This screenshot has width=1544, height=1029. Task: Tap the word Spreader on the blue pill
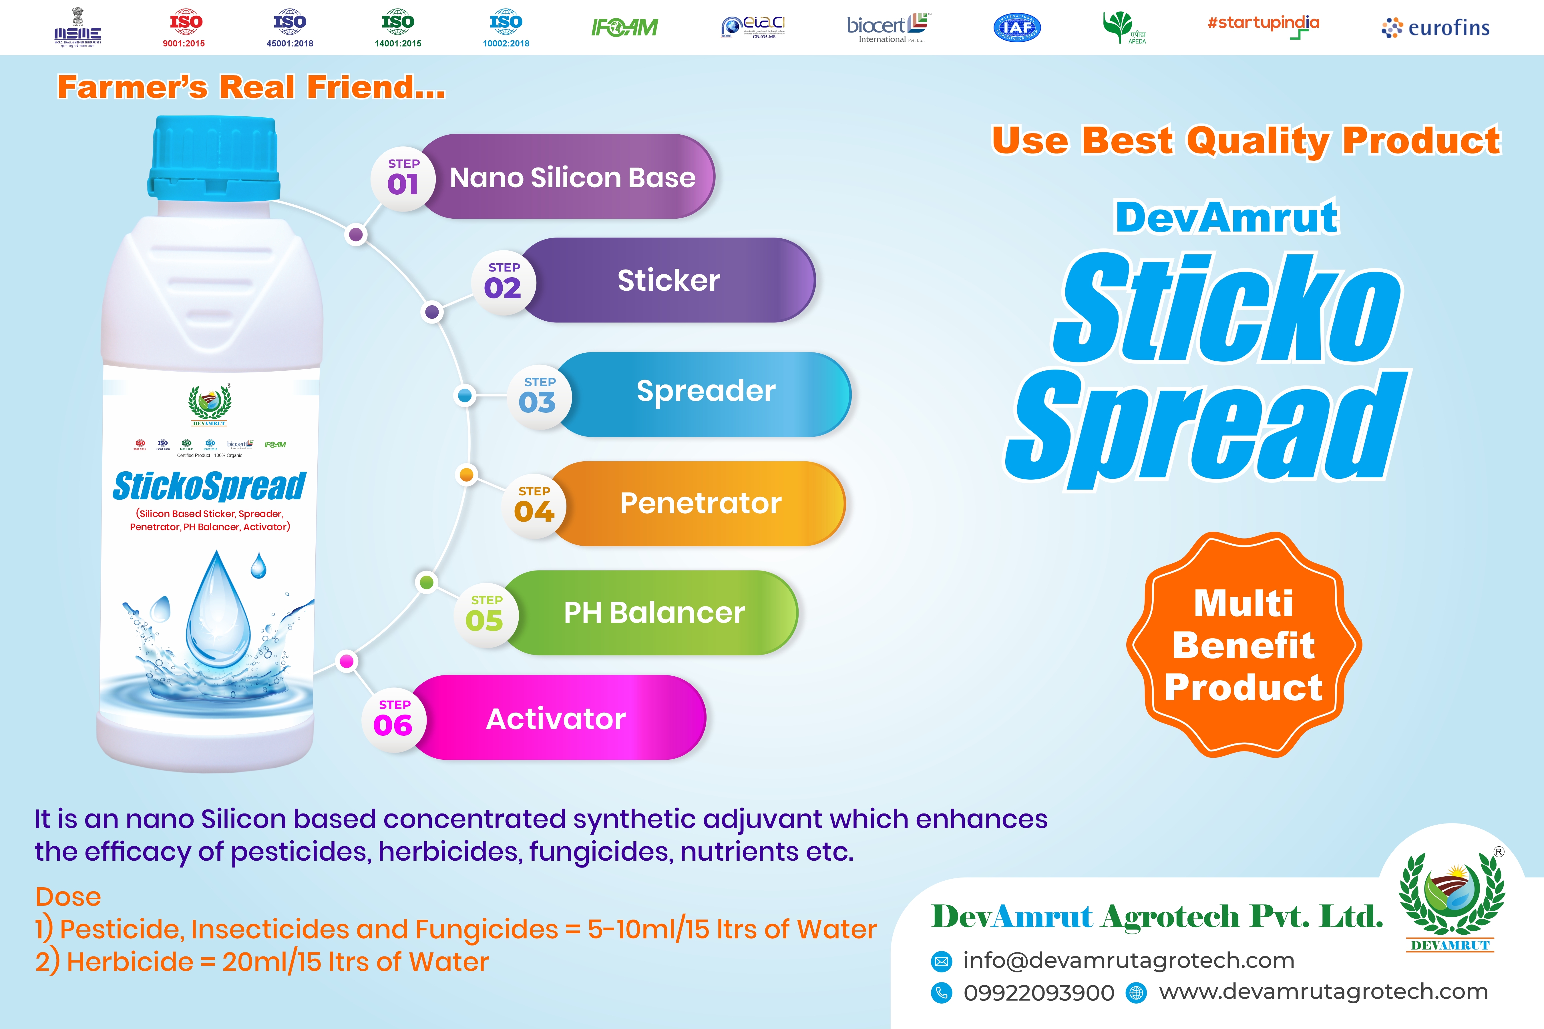pyautogui.click(x=706, y=391)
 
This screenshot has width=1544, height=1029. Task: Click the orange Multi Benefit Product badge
pyautogui.click(x=1243, y=645)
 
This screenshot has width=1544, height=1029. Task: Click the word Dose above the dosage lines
pyautogui.click(x=68, y=896)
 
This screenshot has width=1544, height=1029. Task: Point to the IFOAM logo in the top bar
pyautogui.click(x=624, y=27)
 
